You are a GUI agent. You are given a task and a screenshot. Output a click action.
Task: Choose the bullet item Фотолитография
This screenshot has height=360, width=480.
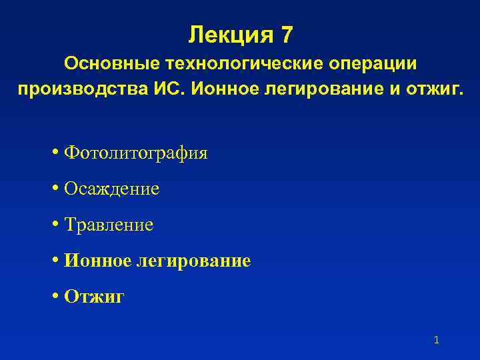(x=136, y=153)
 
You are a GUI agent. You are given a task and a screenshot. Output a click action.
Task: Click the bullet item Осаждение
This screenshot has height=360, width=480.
(x=112, y=189)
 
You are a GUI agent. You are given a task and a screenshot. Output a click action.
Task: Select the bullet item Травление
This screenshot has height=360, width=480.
(x=109, y=225)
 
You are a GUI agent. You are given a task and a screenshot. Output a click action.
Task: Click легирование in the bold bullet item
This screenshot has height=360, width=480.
(x=193, y=261)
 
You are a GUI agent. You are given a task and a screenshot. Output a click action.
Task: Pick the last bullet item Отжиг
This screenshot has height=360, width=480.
(x=94, y=297)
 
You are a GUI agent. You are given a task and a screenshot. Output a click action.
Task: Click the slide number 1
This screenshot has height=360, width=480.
(x=436, y=341)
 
